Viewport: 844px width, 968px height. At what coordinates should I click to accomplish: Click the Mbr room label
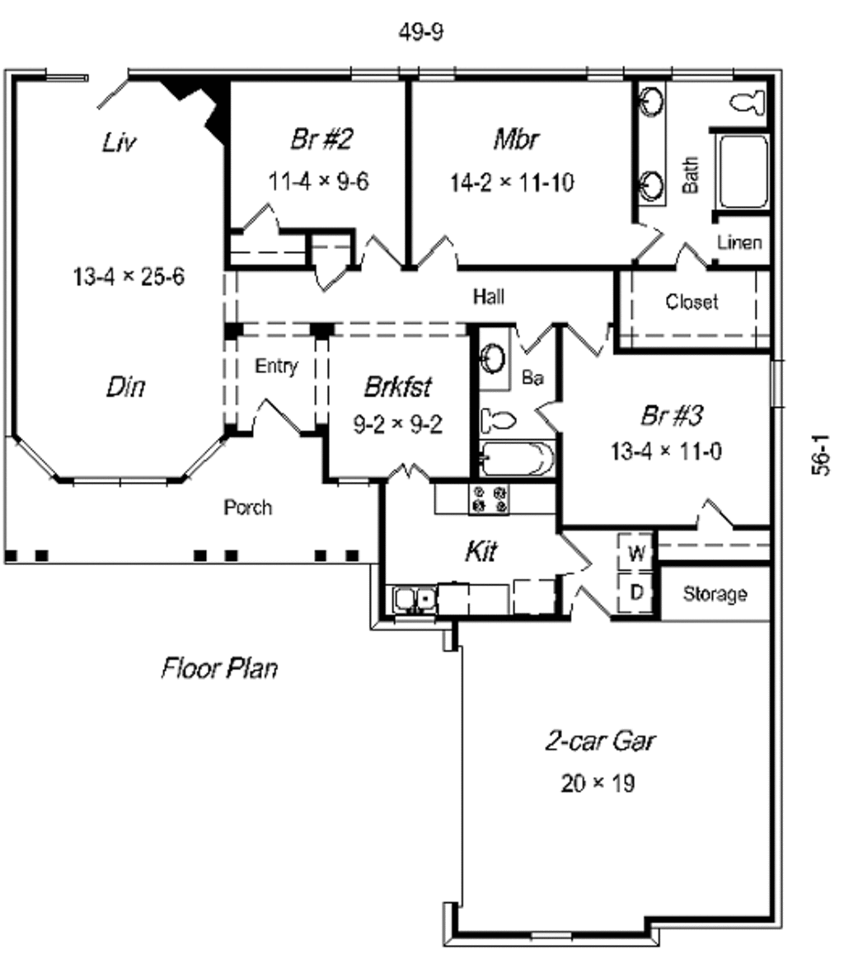tap(517, 139)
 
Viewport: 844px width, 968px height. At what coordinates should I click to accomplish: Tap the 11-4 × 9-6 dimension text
tap(318, 181)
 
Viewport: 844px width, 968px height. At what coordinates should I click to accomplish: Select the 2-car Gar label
tap(600, 741)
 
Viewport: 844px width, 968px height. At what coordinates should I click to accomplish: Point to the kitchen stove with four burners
tap(489, 498)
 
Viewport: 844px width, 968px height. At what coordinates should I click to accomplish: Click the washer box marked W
tap(636, 553)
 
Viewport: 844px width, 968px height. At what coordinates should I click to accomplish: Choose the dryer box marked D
tap(636, 592)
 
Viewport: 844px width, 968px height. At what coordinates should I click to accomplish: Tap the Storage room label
tap(715, 594)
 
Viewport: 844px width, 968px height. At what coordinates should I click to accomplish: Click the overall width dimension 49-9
tap(421, 32)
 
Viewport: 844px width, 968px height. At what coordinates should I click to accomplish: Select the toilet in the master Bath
tap(748, 102)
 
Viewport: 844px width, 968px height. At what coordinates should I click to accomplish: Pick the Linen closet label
tap(739, 243)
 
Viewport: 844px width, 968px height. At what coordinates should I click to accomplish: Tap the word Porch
tap(247, 507)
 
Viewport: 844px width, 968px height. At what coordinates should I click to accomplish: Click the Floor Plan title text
tap(219, 667)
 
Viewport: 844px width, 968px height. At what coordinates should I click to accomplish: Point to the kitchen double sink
tap(412, 599)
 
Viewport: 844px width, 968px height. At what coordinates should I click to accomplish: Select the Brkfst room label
tap(398, 386)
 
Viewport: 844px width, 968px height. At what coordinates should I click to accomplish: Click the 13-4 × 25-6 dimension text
tap(129, 277)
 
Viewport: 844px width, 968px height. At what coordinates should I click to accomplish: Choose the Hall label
tap(489, 296)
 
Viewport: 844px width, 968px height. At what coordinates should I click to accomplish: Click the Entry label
tap(276, 367)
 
